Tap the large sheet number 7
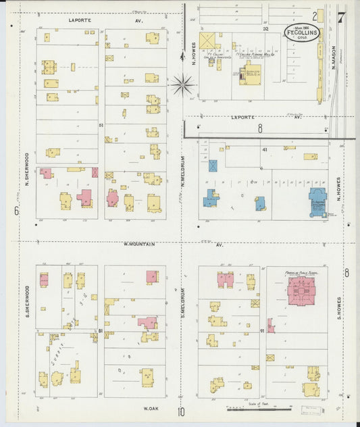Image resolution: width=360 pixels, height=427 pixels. [342, 17]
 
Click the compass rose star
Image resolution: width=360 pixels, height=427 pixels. [182, 84]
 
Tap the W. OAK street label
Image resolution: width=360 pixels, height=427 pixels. [151, 408]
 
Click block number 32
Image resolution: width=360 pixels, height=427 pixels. [265, 29]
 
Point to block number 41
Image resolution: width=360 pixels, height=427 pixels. [265, 149]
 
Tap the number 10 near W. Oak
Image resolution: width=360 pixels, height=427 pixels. [182, 412]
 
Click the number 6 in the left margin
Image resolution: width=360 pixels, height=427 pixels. [15, 211]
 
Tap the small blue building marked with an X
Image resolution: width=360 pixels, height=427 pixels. [213, 166]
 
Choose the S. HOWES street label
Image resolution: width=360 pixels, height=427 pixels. [339, 309]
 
